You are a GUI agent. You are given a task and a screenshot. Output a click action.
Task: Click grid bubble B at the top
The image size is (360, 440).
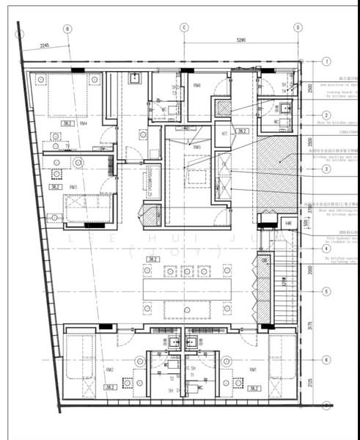(67, 29)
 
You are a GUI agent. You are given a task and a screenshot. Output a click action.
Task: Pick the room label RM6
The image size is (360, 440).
(197, 86)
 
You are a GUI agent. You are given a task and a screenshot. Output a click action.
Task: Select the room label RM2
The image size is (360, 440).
(109, 370)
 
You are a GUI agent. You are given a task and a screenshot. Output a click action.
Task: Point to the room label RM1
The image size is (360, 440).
(253, 370)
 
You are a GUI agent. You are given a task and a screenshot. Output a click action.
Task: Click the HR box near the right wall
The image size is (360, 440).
(288, 223)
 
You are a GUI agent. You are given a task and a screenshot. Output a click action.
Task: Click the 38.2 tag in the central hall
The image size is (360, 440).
(153, 259)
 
